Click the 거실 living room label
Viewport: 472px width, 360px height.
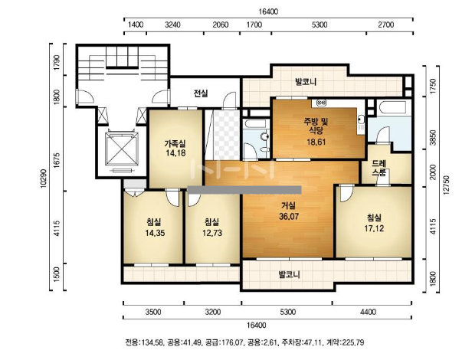(x=288, y=206)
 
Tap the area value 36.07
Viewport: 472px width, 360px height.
(x=289, y=217)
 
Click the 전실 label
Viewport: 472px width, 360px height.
(x=201, y=93)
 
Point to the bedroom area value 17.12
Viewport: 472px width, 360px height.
(x=374, y=228)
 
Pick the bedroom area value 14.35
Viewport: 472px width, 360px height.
(x=155, y=233)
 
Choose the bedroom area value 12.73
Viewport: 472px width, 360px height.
(x=212, y=233)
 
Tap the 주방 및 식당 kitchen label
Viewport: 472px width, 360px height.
(x=316, y=126)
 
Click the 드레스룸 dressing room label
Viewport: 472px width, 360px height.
(x=379, y=168)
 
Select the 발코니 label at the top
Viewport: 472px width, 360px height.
(x=306, y=82)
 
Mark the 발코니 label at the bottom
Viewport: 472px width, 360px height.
(x=290, y=274)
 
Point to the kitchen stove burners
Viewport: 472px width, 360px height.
(x=322, y=103)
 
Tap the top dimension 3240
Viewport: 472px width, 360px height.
(x=173, y=25)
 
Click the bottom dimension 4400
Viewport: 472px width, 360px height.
(x=368, y=312)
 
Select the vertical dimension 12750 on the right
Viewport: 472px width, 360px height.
(x=447, y=185)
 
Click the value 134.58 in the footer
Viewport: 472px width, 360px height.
(x=152, y=342)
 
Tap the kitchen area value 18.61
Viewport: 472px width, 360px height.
(x=316, y=142)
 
